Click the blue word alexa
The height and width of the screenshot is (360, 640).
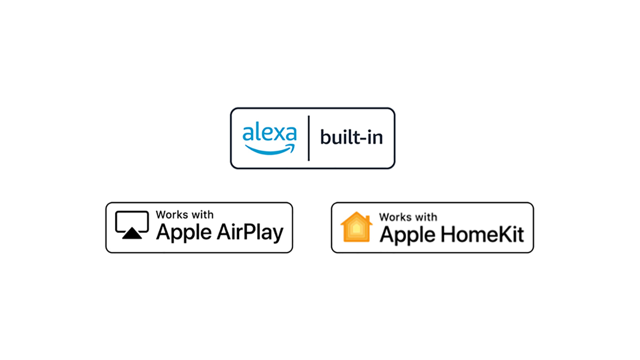269,133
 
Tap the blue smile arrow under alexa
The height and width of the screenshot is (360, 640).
270,150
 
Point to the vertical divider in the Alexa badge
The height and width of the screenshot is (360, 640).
309,138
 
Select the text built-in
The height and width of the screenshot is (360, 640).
351,137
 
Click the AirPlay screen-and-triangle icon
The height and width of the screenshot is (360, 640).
132,225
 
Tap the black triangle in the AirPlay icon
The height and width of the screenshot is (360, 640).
132,233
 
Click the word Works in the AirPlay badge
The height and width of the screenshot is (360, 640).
172,215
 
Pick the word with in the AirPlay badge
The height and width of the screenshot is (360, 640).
202,215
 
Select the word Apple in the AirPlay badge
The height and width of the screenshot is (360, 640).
184,232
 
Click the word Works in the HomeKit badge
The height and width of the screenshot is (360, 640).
395,217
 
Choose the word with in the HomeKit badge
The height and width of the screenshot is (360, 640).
426,217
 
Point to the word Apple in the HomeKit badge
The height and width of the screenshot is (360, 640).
407,235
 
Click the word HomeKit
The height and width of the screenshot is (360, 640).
482,235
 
